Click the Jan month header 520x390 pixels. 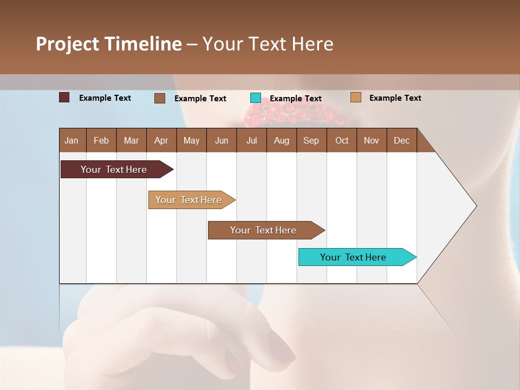pos(72,140)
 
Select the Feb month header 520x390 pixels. pos(101,140)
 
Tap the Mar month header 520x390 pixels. pos(131,140)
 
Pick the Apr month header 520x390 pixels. pos(161,140)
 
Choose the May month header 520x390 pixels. pos(191,140)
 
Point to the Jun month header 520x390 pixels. pos(222,140)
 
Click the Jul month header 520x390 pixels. pos(251,140)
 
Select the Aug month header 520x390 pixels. pos(282,140)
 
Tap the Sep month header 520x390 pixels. pos(311,140)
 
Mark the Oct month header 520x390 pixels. pos(342,140)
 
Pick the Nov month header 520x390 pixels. pos(372,140)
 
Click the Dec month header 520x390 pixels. pos(402,140)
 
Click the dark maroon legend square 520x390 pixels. pos(64,97)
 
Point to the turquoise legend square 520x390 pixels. pos(256,98)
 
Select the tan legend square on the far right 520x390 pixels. pos(355,97)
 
